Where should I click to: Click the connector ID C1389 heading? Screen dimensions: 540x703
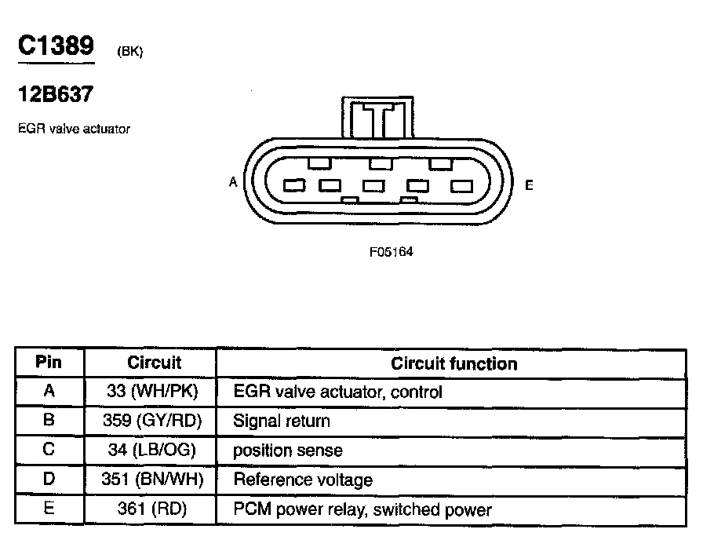(56, 46)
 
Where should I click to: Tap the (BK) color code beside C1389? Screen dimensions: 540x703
(129, 52)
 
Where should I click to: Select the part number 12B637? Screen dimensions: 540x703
(56, 95)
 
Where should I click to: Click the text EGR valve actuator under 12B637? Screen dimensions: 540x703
(74, 129)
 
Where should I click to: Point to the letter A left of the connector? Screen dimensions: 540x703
(233, 182)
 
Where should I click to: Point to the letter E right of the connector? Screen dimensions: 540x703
(529, 186)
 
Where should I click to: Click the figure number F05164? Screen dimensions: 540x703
(391, 253)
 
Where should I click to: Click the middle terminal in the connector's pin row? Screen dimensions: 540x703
(373, 186)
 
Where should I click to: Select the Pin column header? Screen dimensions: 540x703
(49, 363)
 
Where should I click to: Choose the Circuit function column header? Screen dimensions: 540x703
(453, 363)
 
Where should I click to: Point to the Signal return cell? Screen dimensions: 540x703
(282, 421)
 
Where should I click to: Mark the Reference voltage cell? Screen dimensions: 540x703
(303, 480)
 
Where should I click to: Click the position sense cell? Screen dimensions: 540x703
(288, 451)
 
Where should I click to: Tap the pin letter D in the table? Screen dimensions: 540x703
(49, 480)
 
